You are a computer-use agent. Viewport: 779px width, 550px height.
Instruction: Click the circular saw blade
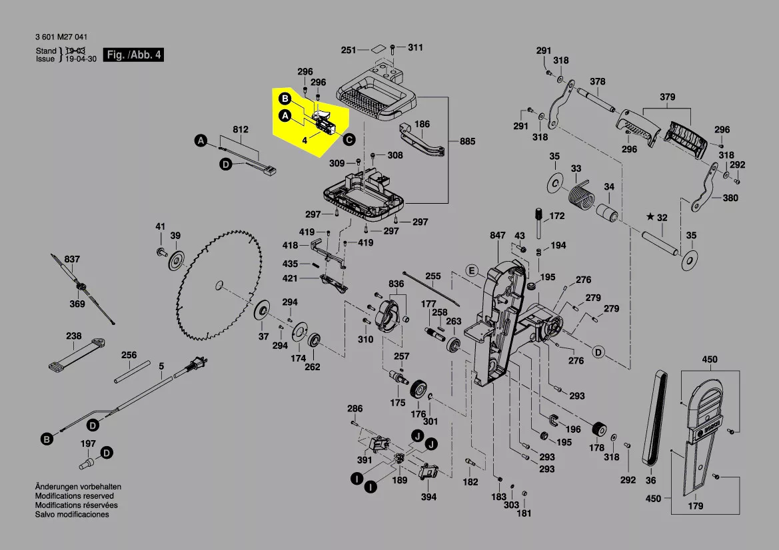point(217,286)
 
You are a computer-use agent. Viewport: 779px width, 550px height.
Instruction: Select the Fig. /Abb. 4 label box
point(133,55)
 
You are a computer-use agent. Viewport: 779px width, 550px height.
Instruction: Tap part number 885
point(468,141)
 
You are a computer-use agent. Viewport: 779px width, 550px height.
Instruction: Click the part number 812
point(240,129)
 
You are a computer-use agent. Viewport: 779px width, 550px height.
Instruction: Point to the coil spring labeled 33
point(580,196)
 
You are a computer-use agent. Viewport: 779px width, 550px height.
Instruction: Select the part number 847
point(498,235)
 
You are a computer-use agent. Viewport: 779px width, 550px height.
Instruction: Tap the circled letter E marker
point(472,270)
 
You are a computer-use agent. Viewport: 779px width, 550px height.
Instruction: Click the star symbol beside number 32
point(650,217)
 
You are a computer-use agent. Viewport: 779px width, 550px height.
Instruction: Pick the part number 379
point(668,97)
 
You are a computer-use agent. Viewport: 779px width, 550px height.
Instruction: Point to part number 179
point(695,506)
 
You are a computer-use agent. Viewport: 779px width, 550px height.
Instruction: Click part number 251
point(349,50)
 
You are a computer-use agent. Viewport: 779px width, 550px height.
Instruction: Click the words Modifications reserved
point(74,496)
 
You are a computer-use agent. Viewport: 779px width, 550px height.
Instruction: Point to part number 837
point(72,259)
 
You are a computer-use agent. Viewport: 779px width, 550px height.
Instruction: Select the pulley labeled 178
point(599,429)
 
